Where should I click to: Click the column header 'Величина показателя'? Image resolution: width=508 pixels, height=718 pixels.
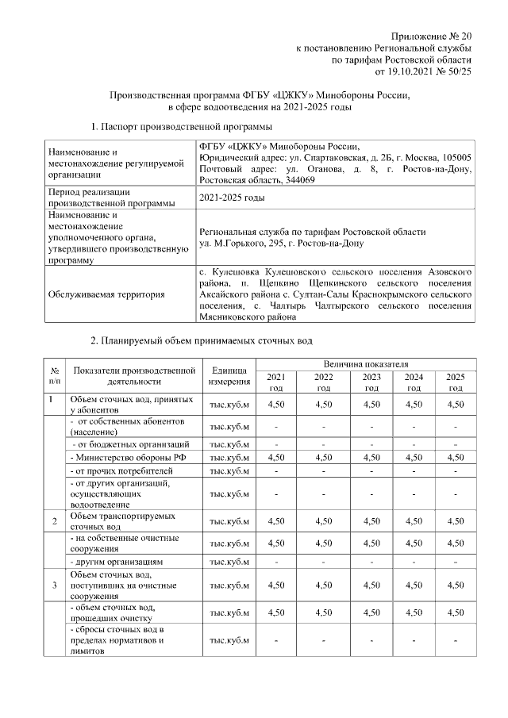click(364, 362)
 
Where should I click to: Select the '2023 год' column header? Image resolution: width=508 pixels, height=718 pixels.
click(371, 382)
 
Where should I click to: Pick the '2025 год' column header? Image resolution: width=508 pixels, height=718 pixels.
click(455, 382)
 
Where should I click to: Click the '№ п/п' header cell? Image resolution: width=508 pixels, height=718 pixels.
click(54, 376)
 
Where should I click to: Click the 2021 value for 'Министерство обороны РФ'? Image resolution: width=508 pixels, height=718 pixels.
click(275, 457)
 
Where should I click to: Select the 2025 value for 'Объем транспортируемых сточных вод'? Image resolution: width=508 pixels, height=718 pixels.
click(455, 521)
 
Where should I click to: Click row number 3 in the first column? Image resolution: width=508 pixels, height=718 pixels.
click(54, 585)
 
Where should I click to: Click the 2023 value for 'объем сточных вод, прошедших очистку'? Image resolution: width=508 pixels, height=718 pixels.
click(371, 613)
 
